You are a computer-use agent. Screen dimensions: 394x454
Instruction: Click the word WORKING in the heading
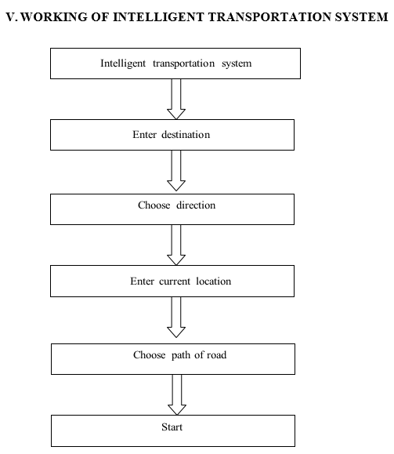click(54, 16)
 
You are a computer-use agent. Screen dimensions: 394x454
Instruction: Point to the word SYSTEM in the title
click(361, 16)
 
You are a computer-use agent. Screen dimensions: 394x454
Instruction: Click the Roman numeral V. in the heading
click(12, 16)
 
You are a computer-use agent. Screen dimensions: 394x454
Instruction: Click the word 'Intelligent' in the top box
click(123, 64)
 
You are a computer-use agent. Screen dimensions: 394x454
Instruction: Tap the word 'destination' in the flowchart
click(186, 135)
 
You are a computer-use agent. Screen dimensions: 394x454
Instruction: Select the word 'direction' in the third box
click(196, 205)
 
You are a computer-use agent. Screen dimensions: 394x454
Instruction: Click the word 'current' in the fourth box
click(175, 281)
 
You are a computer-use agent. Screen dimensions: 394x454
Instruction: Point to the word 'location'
click(214, 281)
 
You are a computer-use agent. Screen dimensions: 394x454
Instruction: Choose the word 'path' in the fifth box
click(181, 355)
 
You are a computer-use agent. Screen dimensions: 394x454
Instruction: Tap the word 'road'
click(217, 355)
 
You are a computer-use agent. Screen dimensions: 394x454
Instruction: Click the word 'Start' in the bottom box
click(172, 427)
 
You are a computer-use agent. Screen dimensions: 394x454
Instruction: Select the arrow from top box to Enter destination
click(176, 99)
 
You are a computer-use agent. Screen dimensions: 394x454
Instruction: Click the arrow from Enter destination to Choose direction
click(176, 170)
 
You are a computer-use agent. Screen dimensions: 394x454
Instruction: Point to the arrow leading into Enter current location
click(176, 245)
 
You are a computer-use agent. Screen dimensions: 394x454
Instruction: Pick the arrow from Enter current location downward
click(176, 317)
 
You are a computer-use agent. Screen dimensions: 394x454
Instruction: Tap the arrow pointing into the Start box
click(177, 394)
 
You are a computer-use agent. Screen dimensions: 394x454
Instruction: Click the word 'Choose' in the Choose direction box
click(154, 205)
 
